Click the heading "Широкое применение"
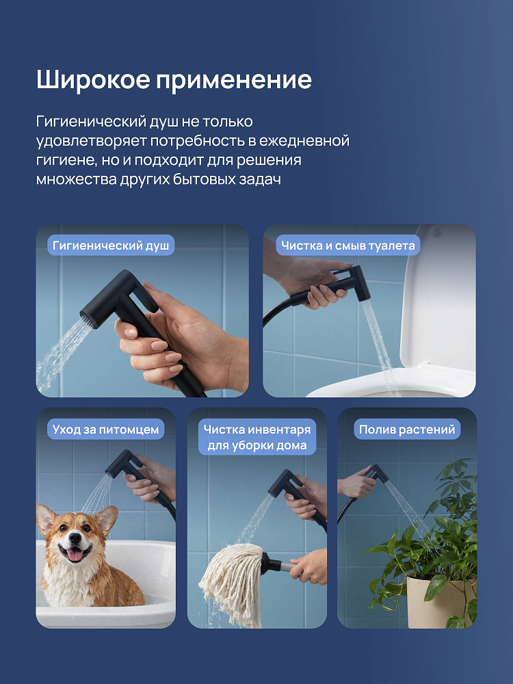tap(174, 80)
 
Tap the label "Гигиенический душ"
tap(111, 246)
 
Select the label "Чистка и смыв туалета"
tap(347, 246)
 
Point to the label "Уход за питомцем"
tap(105, 430)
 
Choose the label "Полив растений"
tap(407, 430)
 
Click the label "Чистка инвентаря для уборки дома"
tap(257, 437)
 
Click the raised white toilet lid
tap(436, 301)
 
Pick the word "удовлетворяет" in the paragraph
tap(90, 142)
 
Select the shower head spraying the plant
tap(378, 473)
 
